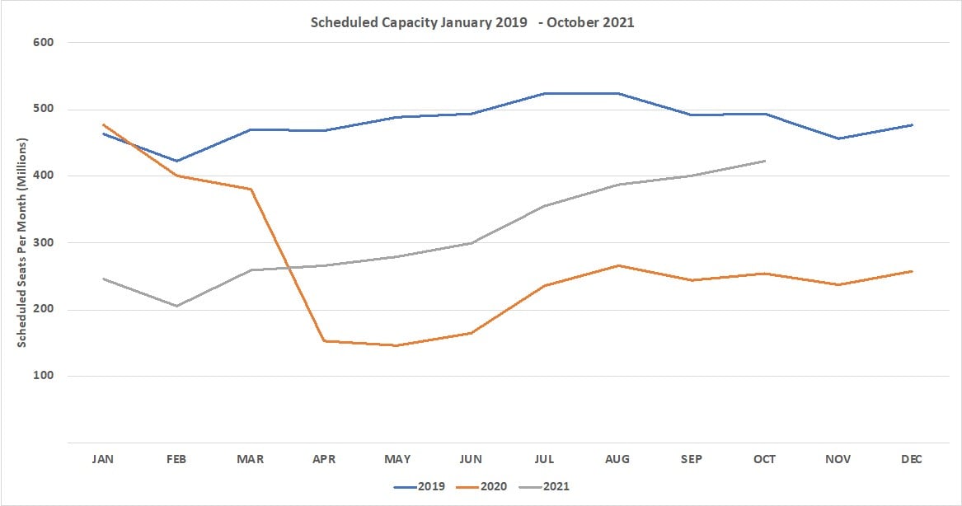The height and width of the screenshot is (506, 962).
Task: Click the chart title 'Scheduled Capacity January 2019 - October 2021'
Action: [x=472, y=22]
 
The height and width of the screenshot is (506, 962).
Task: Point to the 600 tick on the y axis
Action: [x=43, y=42]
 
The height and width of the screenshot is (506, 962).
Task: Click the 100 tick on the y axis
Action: [x=43, y=376]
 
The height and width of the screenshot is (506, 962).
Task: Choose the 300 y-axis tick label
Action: [x=43, y=243]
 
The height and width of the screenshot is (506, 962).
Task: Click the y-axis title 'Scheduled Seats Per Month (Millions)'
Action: [x=23, y=243]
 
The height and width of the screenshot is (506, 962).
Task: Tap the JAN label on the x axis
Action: [x=103, y=459]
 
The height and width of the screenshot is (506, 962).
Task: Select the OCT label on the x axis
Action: [x=764, y=459]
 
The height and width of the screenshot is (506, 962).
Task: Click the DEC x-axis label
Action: [x=912, y=459]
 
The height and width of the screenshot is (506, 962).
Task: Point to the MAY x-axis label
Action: [x=397, y=459]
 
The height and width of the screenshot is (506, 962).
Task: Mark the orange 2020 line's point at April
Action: [x=324, y=340]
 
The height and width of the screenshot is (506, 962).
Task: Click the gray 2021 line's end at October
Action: [x=765, y=161]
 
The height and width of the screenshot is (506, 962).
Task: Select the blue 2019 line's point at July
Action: [x=544, y=93]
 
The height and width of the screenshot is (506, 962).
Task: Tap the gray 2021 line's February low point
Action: [x=176, y=306]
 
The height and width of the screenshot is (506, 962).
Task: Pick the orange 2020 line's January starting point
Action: [x=103, y=124]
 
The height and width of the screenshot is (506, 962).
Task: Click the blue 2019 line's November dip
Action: [x=838, y=138]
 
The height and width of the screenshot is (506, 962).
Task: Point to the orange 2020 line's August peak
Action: [x=618, y=265]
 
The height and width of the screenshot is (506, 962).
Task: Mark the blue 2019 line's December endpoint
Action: [x=912, y=124]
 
